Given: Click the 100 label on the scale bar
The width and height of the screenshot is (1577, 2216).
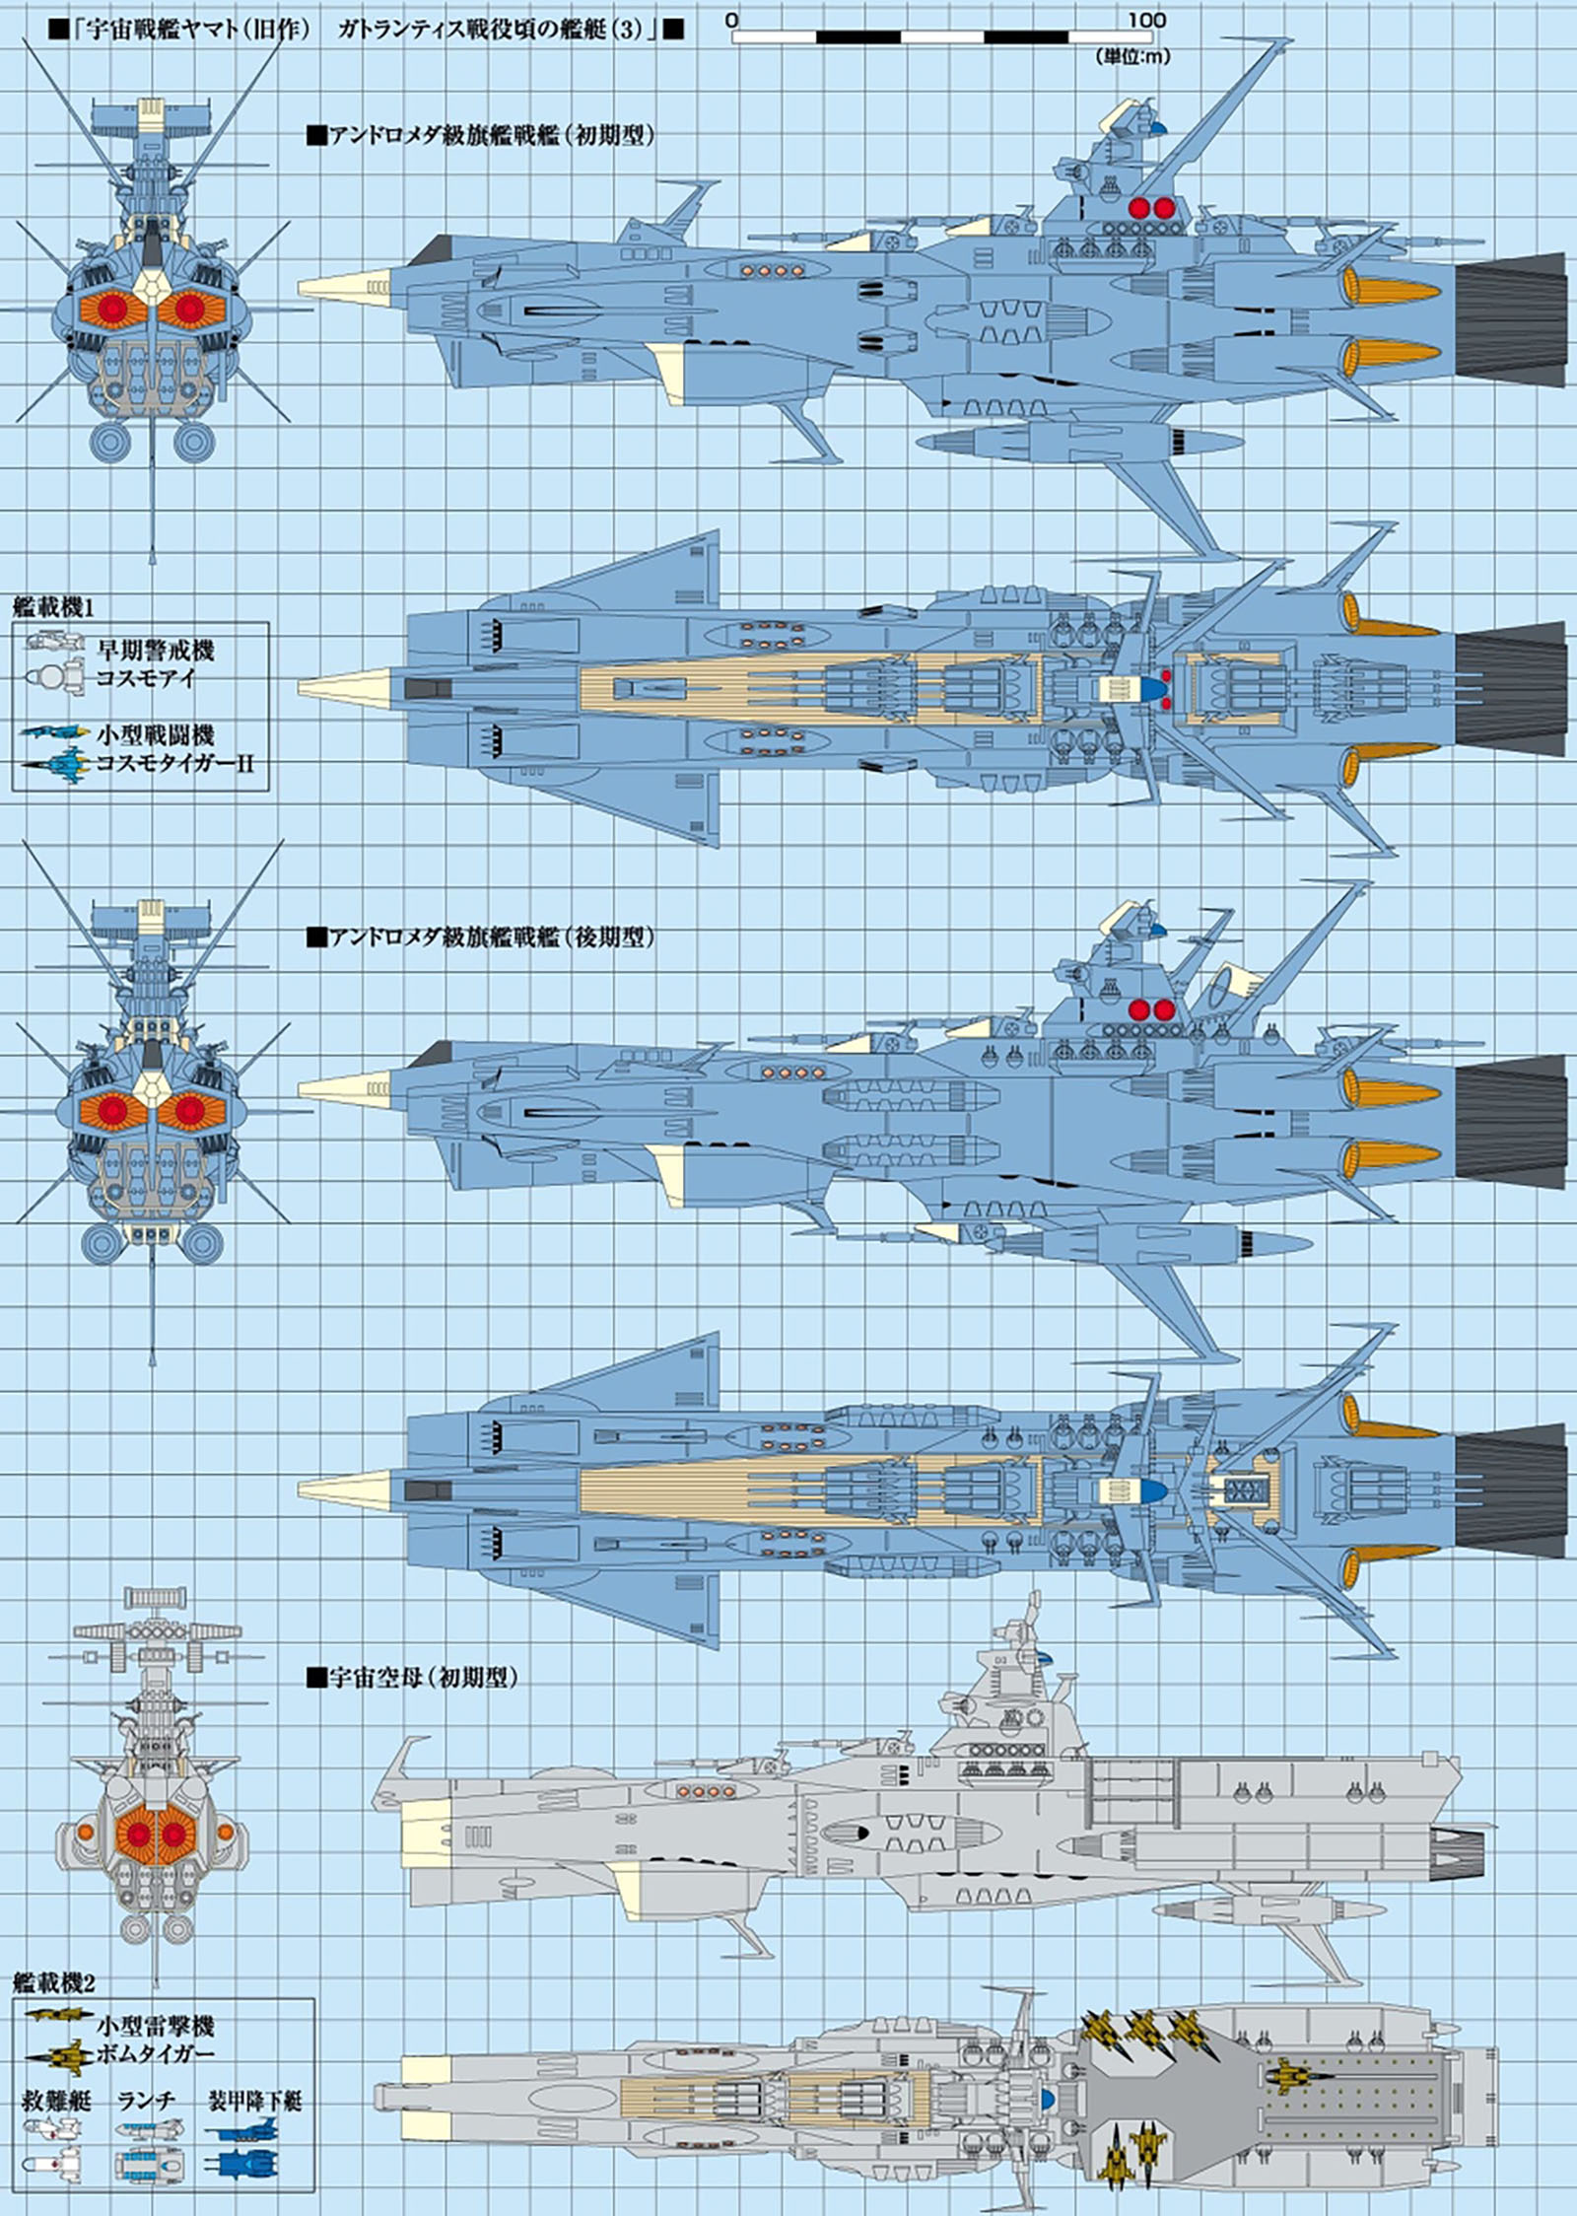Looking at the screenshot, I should (1145, 20).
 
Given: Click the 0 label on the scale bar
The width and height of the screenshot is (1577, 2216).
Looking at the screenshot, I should (732, 20).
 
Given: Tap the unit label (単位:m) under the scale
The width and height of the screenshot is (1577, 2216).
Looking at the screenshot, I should (1132, 58).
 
